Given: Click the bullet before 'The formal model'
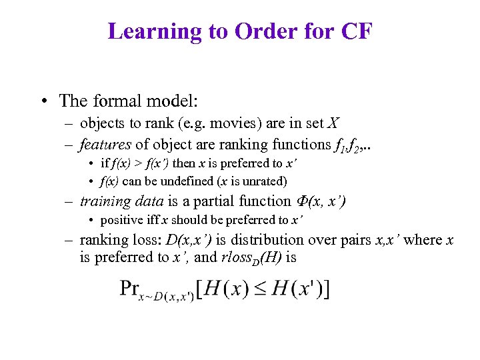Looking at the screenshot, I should click(43, 101).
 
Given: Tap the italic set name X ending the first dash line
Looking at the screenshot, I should click(334, 123).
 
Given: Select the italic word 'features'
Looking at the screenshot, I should click(105, 144).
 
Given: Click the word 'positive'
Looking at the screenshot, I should click(122, 220).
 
